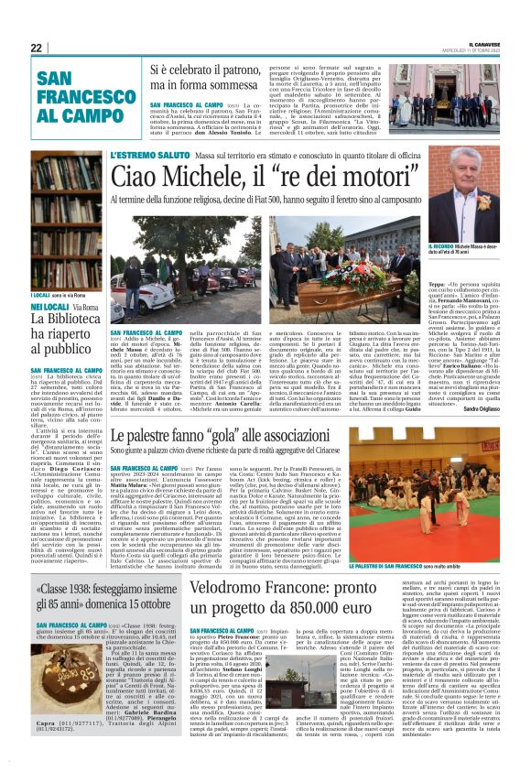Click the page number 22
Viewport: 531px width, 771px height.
coord(37,48)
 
